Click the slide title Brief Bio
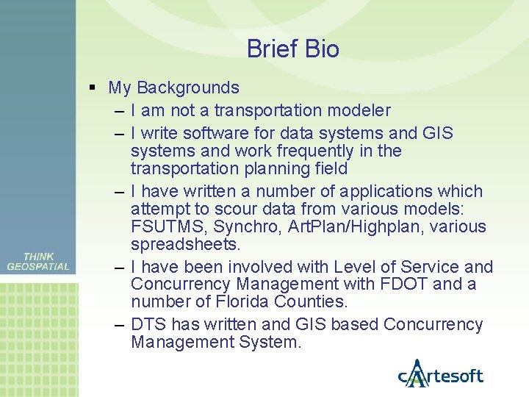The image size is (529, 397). point(292,49)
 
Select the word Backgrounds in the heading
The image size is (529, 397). point(187,88)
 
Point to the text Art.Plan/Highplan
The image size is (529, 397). point(343,226)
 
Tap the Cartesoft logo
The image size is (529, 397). point(440,374)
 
